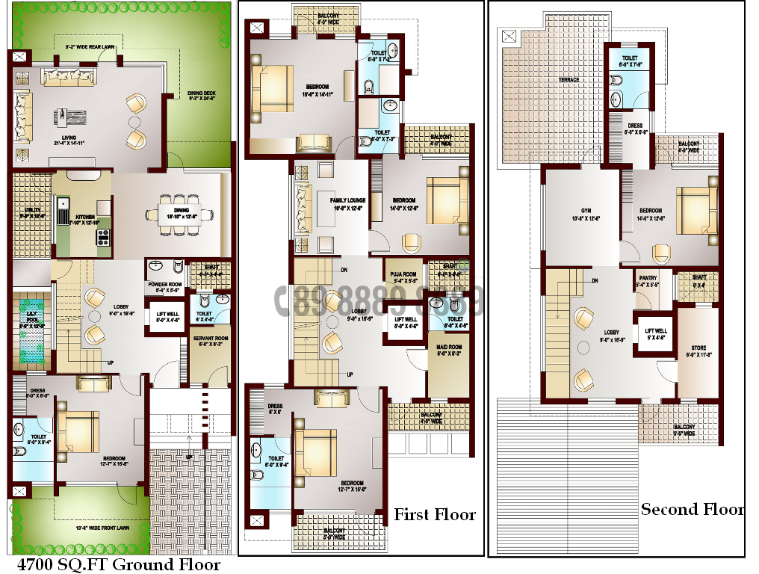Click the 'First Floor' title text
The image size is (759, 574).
[x=435, y=515]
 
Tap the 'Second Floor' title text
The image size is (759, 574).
[x=692, y=510]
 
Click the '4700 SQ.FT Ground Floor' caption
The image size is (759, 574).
[x=119, y=564]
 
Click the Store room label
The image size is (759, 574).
[x=698, y=351]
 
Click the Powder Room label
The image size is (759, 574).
[x=165, y=287]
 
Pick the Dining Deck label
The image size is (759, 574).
[x=201, y=96]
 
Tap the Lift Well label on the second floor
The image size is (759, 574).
[x=656, y=333]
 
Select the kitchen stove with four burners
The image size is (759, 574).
[x=102, y=238]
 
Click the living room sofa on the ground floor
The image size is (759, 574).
[x=69, y=75]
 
